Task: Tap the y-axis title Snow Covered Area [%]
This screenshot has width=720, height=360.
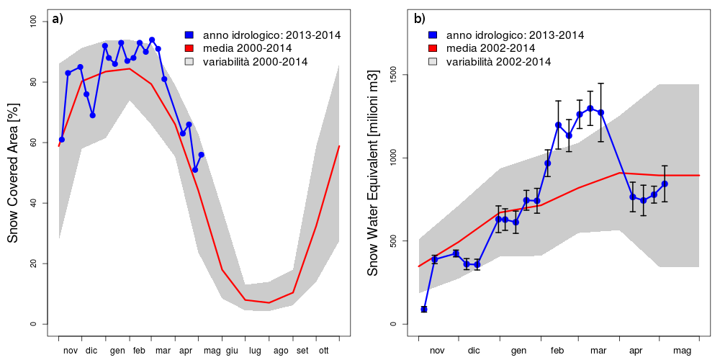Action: (12, 173)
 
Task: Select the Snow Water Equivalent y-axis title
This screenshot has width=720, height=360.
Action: (372, 173)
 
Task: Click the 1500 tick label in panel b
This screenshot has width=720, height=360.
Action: (392, 75)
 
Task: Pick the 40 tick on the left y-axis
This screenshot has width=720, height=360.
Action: (33, 203)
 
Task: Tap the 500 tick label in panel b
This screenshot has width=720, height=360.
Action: (392, 240)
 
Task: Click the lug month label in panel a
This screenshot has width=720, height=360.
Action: (255, 351)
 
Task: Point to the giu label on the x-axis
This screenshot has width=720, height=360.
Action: (231, 351)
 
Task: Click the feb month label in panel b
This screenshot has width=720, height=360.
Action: (557, 351)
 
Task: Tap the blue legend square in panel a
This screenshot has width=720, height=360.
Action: (189, 35)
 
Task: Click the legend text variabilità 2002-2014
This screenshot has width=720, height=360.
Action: (498, 62)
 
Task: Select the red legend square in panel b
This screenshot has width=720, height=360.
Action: (433, 48)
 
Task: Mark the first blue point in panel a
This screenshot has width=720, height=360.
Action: (62, 140)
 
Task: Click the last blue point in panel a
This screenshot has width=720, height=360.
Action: (202, 155)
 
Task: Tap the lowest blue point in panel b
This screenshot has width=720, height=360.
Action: (424, 309)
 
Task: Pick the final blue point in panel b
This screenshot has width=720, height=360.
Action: (665, 184)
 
